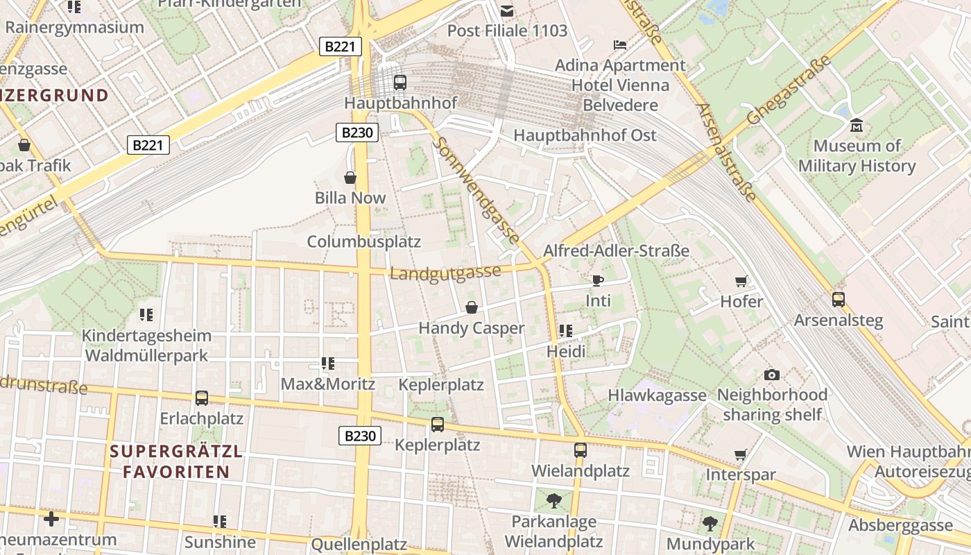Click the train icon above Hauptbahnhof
click(x=399, y=83)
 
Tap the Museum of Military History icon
click(x=857, y=126)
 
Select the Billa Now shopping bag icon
click(x=350, y=178)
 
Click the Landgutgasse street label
click(x=445, y=272)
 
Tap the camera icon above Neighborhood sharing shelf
click(x=771, y=375)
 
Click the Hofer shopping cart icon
click(x=741, y=281)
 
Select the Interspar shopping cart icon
click(x=740, y=455)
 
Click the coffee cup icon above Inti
click(x=597, y=280)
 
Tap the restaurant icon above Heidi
click(x=565, y=331)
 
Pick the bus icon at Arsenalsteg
click(x=838, y=300)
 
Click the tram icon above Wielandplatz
click(x=580, y=450)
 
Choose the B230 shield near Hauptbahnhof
click(x=357, y=133)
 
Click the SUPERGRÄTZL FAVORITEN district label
click(x=176, y=462)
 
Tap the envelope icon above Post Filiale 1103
click(x=507, y=10)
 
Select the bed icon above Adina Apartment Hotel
click(x=620, y=45)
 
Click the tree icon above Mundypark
click(x=709, y=523)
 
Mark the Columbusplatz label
click(x=364, y=241)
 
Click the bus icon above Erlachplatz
click(x=201, y=398)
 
